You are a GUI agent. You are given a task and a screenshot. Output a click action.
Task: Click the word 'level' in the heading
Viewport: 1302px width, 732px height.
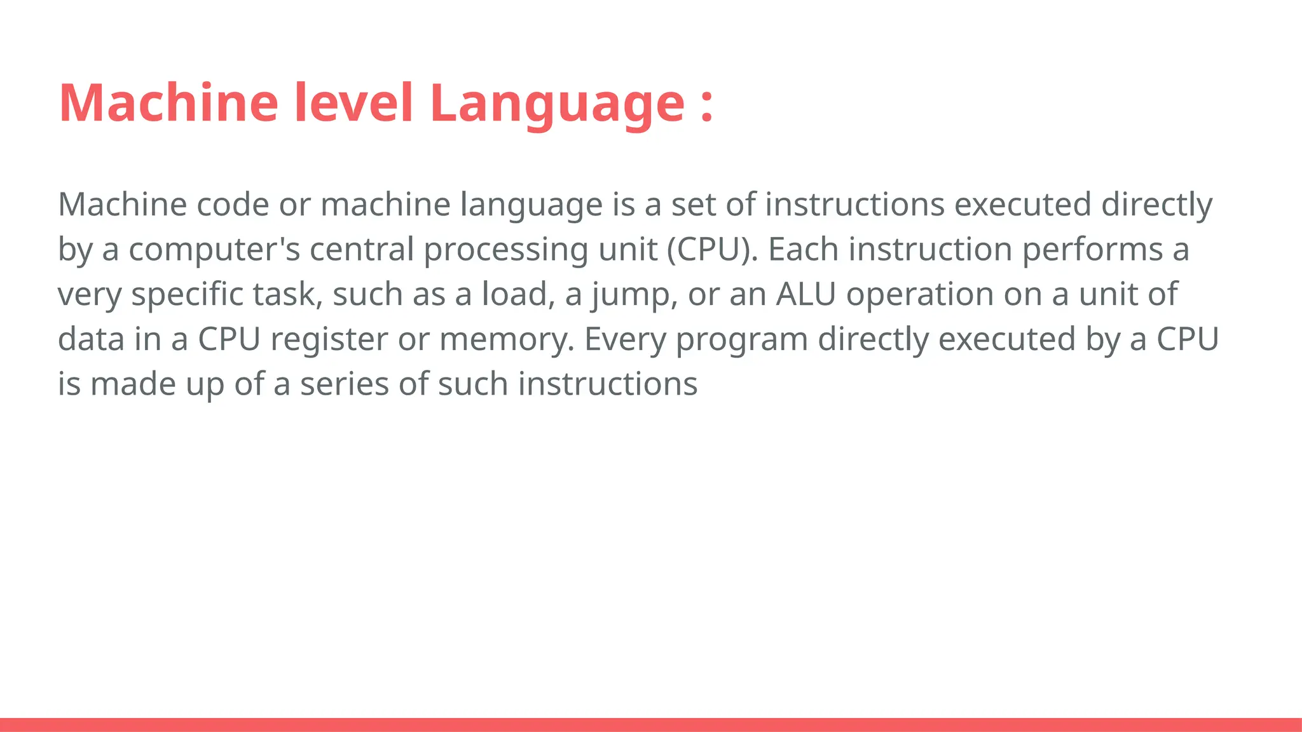click(353, 103)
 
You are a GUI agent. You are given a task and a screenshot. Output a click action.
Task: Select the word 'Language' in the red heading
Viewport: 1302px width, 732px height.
click(558, 104)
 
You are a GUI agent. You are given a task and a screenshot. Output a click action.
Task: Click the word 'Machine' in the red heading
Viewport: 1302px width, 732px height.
click(168, 103)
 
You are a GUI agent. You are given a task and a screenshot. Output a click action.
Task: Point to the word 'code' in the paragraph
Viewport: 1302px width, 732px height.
click(233, 205)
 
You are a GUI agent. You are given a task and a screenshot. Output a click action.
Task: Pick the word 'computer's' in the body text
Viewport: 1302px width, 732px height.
click(214, 249)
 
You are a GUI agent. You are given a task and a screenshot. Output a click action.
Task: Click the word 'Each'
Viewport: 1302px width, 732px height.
click(804, 249)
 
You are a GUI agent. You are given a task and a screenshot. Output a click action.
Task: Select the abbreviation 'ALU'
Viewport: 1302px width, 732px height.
click(805, 294)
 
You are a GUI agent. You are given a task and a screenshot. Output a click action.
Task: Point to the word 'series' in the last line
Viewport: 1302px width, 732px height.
click(344, 384)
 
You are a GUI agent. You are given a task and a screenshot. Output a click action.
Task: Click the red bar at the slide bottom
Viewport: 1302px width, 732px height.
click(651, 724)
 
